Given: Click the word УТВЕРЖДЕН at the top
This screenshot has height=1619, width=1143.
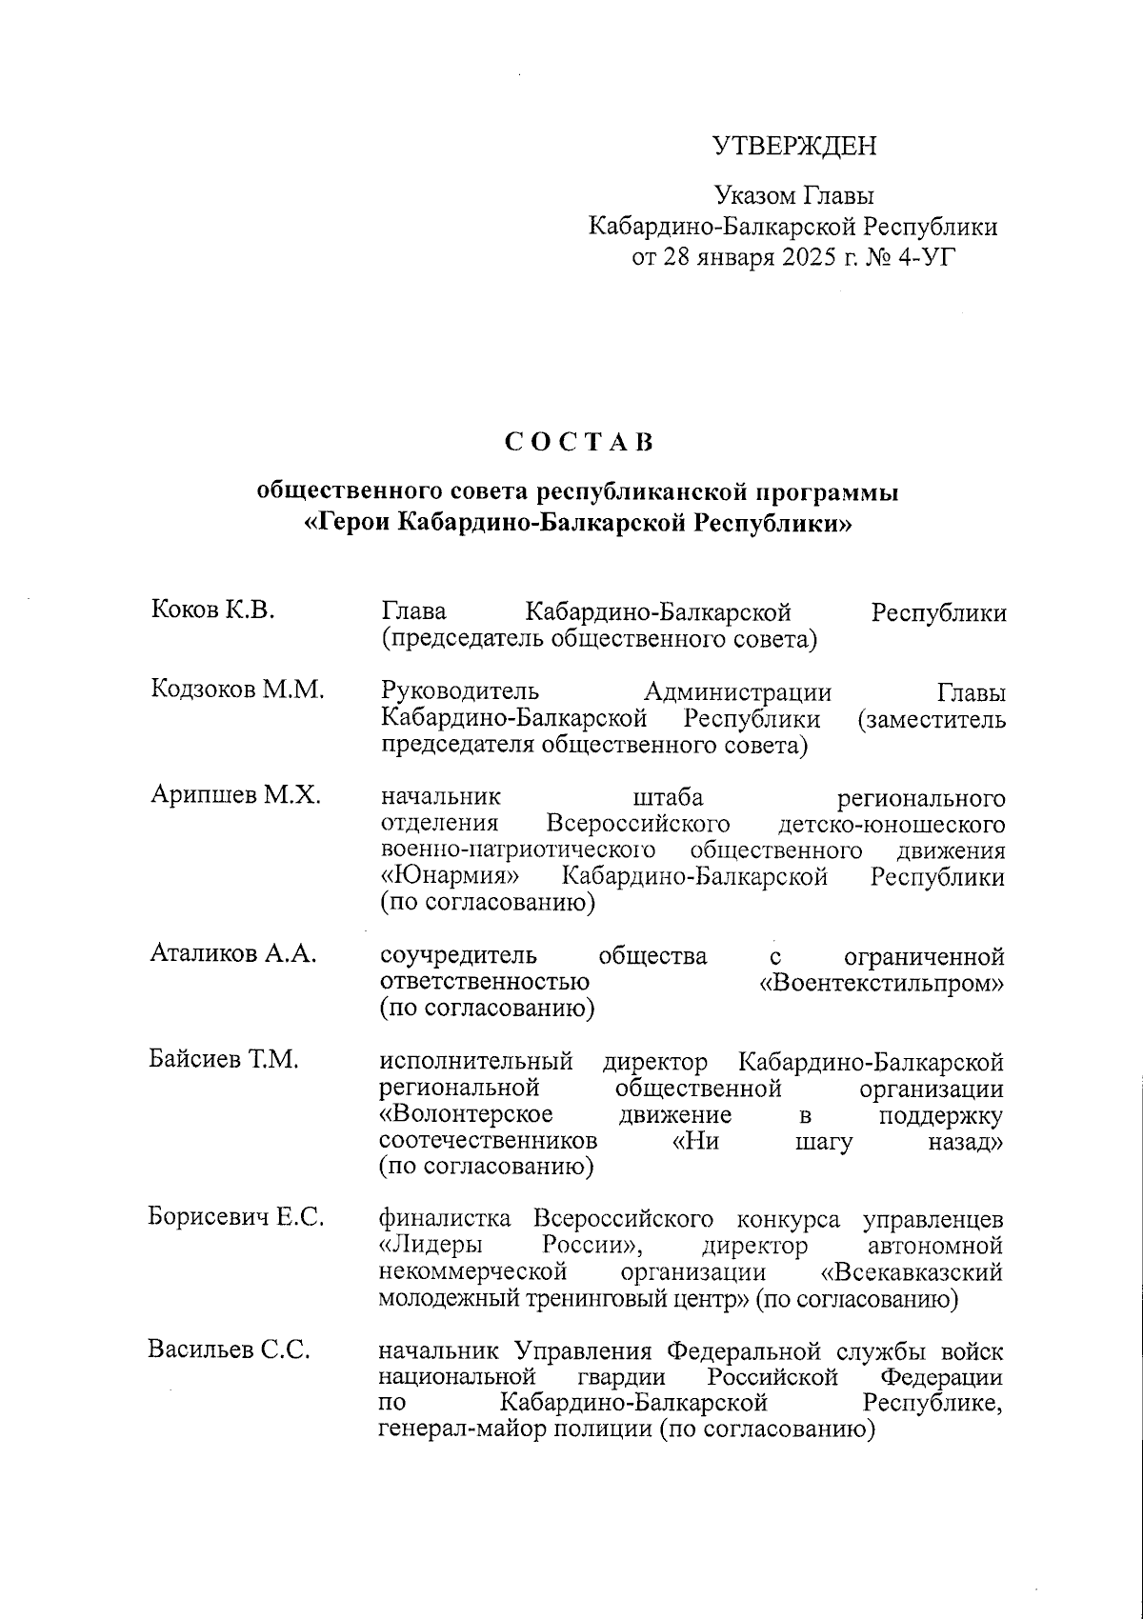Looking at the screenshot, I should [x=793, y=146].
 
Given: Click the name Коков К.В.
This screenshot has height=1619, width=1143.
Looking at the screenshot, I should [x=212, y=610].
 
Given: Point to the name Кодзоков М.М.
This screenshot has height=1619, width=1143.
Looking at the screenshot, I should [x=237, y=690].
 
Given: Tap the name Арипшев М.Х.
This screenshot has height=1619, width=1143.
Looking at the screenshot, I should [x=235, y=795].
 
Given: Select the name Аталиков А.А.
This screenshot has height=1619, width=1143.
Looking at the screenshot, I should [x=233, y=954].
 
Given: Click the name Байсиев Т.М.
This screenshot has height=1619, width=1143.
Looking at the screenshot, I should [x=224, y=1060].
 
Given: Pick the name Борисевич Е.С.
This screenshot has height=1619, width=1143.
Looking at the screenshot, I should [x=236, y=1217].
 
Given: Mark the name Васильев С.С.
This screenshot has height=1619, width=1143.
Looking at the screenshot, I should [x=229, y=1350].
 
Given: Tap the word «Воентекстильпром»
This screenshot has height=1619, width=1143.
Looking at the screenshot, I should [x=881, y=982].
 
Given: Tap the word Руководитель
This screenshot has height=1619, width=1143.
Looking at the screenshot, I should [x=460, y=691].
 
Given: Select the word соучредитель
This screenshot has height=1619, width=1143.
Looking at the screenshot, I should [x=457, y=955].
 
